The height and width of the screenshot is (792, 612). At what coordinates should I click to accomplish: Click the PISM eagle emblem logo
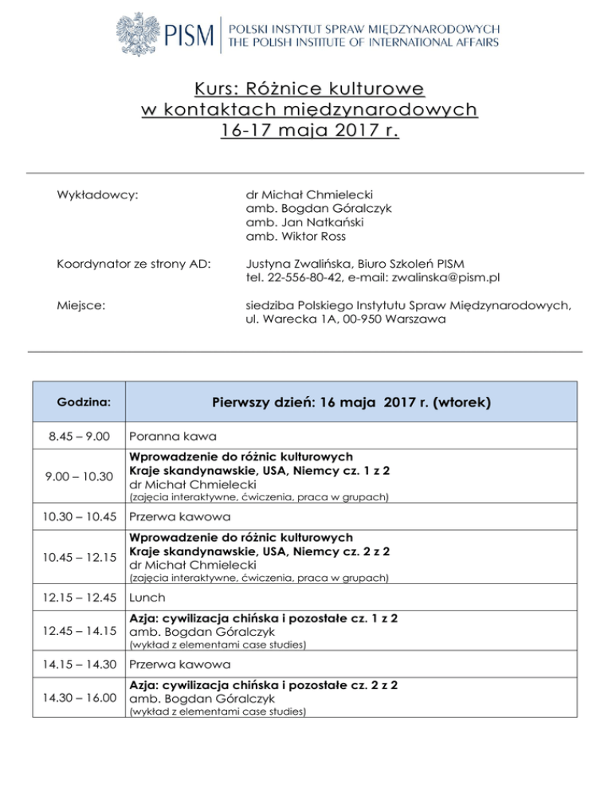point(141,33)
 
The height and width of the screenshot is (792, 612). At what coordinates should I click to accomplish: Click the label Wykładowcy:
point(92,195)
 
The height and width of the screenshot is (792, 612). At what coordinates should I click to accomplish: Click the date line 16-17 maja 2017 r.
point(306,128)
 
